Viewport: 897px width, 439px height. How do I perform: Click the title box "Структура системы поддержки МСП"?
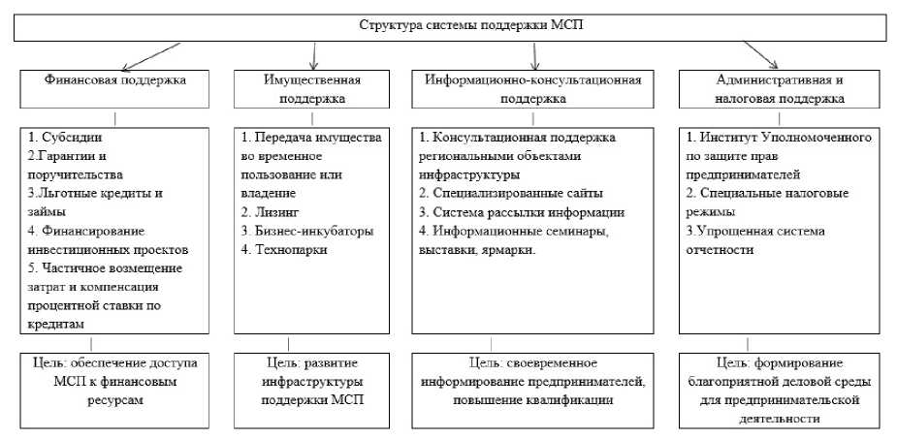(450, 27)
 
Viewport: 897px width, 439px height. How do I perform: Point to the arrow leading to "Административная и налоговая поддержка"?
(760, 54)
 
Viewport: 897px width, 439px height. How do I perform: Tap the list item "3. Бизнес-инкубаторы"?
(306, 231)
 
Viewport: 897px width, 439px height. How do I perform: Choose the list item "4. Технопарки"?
(285, 249)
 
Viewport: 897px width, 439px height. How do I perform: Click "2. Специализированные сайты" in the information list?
(510, 194)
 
